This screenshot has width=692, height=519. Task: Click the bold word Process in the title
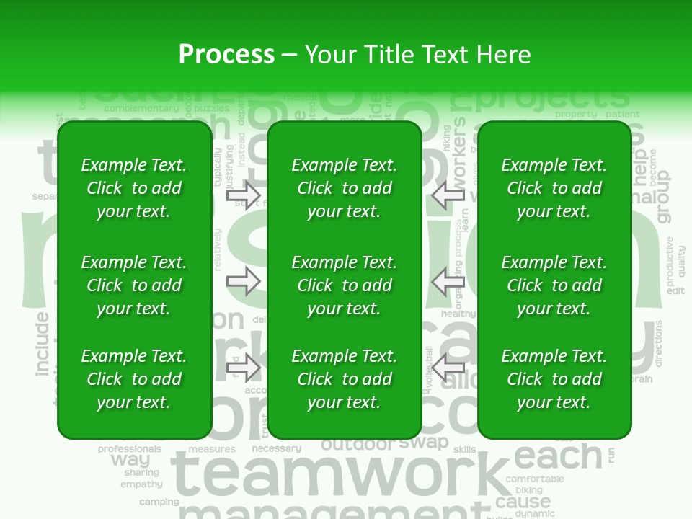[x=226, y=55]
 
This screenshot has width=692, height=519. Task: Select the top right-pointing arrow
[x=243, y=195]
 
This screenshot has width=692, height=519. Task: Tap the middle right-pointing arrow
[x=243, y=280]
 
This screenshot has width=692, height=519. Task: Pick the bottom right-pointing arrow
[x=243, y=368]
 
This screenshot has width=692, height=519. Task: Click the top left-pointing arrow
[x=448, y=195]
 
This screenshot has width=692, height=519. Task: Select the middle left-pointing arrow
[x=448, y=280]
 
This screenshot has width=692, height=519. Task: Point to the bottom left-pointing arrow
[x=448, y=368]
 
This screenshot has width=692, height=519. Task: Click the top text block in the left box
[x=133, y=188]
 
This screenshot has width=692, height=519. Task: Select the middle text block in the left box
[x=133, y=285]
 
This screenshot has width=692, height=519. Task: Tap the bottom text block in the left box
[x=133, y=379]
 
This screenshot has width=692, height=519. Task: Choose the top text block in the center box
[x=344, y=188]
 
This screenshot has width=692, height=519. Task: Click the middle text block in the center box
[x=344, y=285]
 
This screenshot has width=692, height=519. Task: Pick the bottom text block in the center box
[x=344, y=379]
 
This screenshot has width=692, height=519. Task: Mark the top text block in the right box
[x=554, y=188]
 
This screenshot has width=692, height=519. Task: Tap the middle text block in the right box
[x=554, y=285]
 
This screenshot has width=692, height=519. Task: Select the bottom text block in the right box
[x=554, y=379]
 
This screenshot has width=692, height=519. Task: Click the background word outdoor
[x=358, y=445]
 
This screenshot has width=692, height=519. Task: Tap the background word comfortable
[x=535, y=479]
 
